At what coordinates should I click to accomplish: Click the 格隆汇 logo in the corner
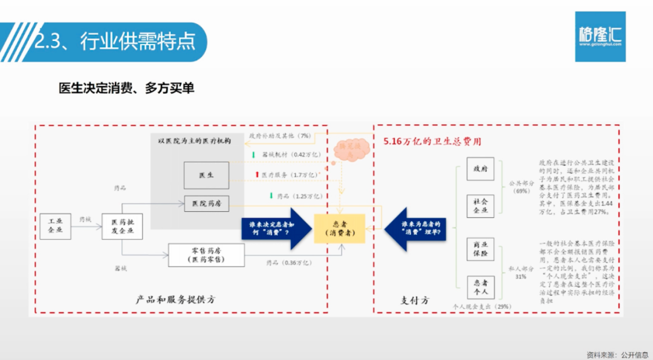point(600,36)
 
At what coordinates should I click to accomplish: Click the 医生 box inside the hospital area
point(206,175)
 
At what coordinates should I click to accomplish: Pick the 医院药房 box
point(206,203)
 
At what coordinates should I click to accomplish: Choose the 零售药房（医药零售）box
point(206,255)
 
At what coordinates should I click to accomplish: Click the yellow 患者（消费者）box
point(340,228)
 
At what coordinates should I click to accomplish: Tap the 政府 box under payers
point(481,169)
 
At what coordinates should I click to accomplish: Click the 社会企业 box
point(481,206)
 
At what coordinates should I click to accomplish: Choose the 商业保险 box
point(481,249)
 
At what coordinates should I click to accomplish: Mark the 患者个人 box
point(481,286)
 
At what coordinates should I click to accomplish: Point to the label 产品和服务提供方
point(176,299)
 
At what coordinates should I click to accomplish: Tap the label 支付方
point(415,299)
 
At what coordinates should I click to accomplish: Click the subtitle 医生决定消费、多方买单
point(126,88)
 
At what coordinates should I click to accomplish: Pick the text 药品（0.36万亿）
point(289,263)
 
